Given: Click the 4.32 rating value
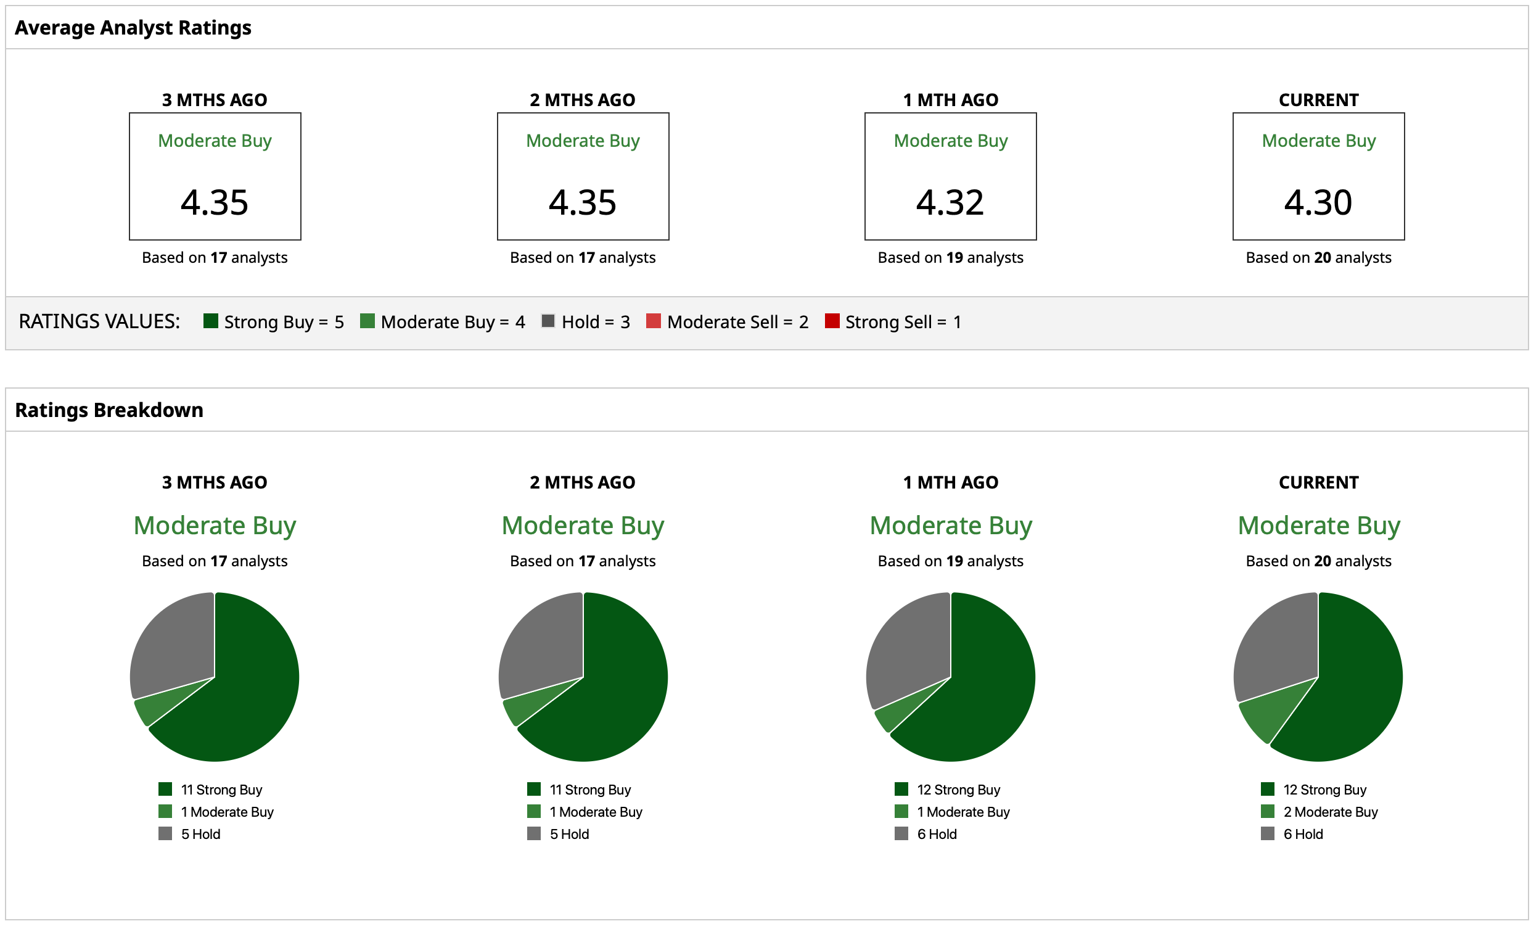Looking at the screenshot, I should coord(950,202).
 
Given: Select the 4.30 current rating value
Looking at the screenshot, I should coord(1318,202).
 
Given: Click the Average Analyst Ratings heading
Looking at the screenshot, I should coord(133,28).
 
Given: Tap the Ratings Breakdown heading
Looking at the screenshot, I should coord(109,410).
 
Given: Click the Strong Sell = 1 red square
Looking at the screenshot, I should coord(832,321).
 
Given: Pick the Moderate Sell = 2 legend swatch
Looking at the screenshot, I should coord(654,321).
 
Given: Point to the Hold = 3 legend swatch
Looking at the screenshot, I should coord(548,321).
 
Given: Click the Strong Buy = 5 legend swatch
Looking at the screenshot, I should coord(210,321).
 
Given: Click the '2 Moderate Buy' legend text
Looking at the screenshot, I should coord(1331,812).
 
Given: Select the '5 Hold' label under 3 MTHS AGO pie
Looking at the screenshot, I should coord(200,834).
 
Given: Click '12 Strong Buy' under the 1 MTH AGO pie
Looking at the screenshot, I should coord(958,790).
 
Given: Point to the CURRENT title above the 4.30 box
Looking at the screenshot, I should coord(1318,100).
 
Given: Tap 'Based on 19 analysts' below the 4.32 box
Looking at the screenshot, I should coord(950,257).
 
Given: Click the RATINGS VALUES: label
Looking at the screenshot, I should coord(99,321).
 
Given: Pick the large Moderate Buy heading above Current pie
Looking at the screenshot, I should coord(1318,526).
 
